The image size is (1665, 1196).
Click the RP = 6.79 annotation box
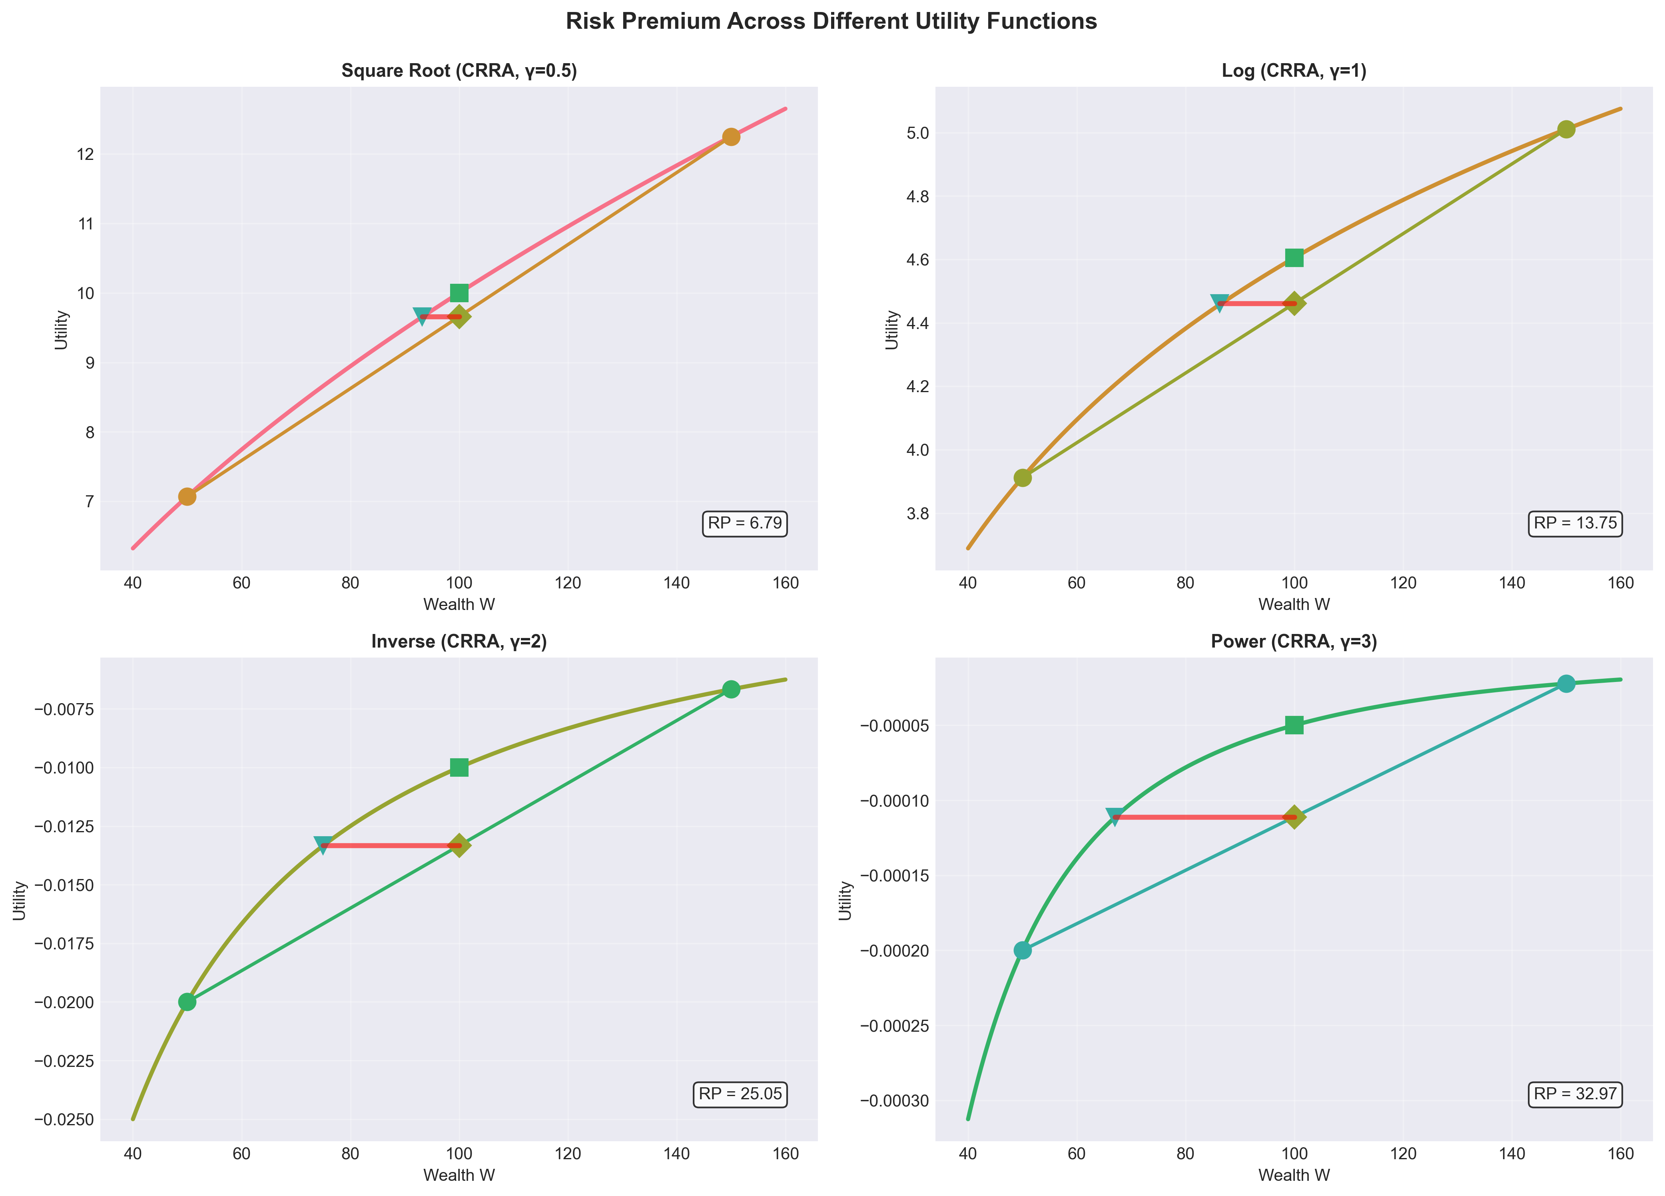(744, 524)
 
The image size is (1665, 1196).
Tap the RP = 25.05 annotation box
(740, 1094)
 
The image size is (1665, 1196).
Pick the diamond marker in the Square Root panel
(459, 317)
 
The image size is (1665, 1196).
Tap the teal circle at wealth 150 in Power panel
(1566, 684)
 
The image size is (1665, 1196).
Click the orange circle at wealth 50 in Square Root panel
(187, 496)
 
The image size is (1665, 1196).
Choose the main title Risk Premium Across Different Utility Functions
(831, 21)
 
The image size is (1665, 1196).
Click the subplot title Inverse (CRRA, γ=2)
(459, 642)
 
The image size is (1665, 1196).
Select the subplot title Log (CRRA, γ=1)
(1294, 71)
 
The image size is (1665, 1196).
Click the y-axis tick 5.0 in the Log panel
(918, 133)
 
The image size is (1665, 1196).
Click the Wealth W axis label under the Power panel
(1294, 1175)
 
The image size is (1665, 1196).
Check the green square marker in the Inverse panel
(459, 767)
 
